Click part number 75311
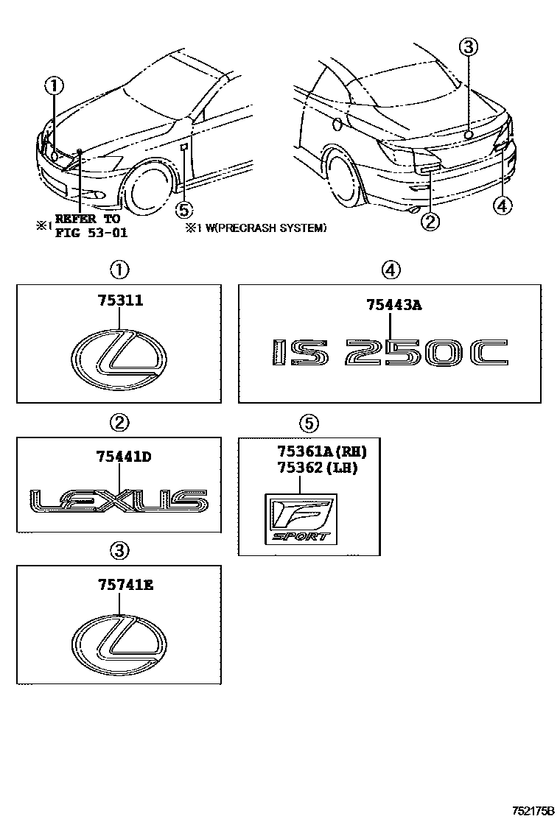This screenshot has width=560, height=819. tap(119, 301)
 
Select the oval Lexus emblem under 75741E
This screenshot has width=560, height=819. tap(119, 642)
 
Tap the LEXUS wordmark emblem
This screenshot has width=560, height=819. tap(119, 502)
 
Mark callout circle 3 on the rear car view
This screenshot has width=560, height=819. tap(469, 47)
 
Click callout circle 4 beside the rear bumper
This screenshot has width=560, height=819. tap(503, 206)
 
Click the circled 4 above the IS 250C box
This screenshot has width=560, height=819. tap(391, 270)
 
